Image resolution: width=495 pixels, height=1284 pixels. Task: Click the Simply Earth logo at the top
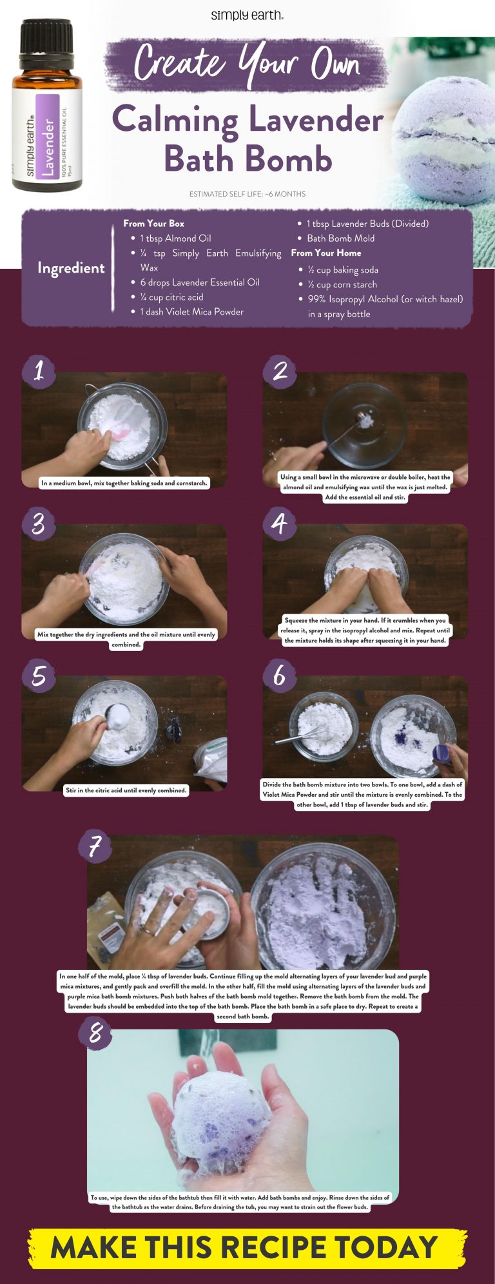(247, 14)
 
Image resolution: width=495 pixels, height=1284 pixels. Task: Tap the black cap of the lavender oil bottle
(46, 38)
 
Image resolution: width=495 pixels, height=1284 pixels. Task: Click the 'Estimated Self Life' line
(247, 194)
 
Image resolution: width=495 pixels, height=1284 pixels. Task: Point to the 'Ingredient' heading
(71, 268)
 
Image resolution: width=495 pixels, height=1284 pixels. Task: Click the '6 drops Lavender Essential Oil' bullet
(199, 282)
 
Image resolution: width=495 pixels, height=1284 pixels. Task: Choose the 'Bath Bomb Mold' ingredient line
(340, 238)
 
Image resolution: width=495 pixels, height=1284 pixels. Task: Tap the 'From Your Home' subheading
(326, 253)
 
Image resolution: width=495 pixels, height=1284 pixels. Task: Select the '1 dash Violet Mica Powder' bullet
(191, 312)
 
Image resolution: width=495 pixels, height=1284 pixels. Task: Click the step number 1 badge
(39, 371)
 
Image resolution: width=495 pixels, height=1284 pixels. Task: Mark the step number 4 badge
(279, 523)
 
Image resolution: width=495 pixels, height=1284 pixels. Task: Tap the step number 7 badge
(95, 846)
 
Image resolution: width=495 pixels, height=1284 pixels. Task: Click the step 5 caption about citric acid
(126, 790)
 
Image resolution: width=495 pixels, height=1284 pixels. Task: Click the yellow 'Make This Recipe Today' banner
(247, 1247)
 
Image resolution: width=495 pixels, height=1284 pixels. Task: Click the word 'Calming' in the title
(177, 121)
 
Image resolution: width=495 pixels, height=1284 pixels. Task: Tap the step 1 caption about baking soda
(124, 483)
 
